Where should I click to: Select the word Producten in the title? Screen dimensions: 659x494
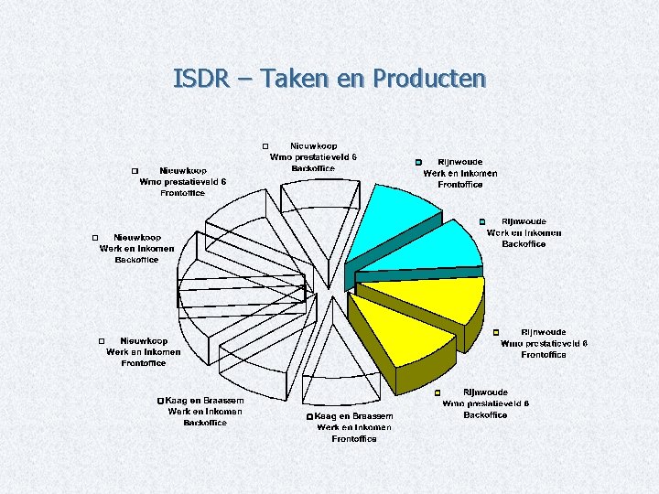427,80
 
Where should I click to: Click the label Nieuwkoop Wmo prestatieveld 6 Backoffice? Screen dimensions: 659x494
313,156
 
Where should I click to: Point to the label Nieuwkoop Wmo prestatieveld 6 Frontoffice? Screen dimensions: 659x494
183,181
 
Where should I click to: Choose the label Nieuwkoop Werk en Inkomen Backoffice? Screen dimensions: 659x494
136,248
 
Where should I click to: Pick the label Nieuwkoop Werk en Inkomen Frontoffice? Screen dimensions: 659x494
144,351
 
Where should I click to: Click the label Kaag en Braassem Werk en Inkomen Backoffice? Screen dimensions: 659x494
205,412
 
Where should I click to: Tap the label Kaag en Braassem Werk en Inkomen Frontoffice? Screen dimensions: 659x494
354,427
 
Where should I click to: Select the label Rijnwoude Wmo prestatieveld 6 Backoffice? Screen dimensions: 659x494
485,403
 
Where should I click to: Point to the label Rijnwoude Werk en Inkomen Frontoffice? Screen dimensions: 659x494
460,173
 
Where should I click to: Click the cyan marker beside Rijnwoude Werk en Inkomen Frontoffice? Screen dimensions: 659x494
417,163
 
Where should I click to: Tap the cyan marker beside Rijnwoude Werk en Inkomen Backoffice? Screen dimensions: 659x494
482,222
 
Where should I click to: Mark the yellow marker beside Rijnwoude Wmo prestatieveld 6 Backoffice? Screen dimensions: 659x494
437,393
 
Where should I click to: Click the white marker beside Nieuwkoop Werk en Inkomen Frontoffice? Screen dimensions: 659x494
102,341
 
